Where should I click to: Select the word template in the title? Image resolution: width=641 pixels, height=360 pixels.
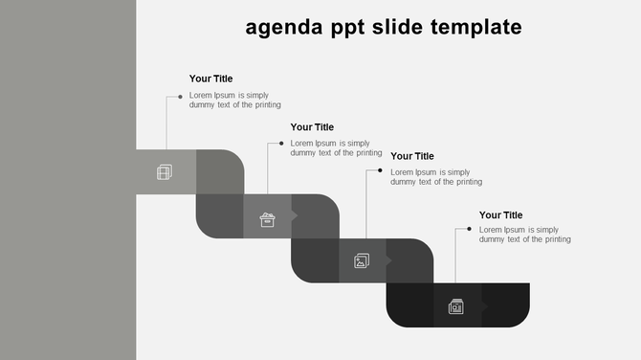click(x=472, y=27)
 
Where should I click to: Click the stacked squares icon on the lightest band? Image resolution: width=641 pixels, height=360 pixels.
click(x=165, y=172)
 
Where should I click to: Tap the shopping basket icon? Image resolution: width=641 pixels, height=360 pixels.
click(x=268, y=219)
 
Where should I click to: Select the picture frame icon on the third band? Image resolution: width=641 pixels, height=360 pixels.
click(x=362, y=260)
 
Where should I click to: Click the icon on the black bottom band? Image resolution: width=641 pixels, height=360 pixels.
click(x=456, y=306)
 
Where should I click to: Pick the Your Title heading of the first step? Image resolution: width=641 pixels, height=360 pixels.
click(x=210, y=79)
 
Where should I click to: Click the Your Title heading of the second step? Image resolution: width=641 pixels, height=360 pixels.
click(x=312, y=126)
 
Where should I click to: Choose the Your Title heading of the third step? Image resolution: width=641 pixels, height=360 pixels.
click(x=412, y=156)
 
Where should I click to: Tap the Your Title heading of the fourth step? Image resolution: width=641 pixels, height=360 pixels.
click(x=501, y=215)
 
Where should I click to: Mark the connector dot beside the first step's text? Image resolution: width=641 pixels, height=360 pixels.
click(x=180, y=97)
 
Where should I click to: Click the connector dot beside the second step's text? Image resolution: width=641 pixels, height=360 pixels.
click(x=281, y=144)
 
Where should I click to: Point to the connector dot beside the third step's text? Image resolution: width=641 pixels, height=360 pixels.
click(x=380, y=171)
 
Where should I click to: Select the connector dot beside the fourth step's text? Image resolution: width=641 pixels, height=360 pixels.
click(x=469, y=229)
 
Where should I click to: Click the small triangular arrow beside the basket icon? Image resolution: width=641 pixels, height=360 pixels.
click(x=295, y=215)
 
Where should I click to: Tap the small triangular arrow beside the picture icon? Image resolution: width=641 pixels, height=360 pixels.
click(x=389, y=259)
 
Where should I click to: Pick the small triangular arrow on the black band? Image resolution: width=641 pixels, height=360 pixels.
click(x=484, y=306)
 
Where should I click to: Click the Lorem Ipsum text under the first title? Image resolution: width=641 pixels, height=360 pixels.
click(x=235, y=100)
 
